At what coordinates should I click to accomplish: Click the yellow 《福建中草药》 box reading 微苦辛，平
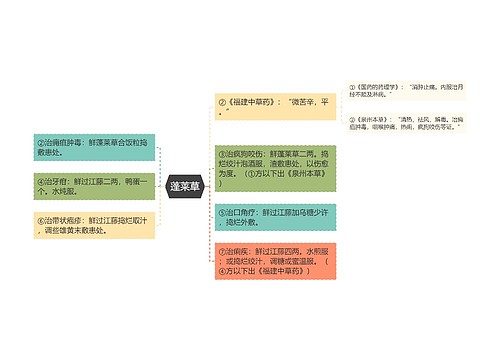270,107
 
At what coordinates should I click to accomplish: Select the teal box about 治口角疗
270,217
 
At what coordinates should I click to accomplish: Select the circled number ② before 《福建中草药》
222,102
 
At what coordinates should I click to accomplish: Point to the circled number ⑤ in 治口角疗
222,211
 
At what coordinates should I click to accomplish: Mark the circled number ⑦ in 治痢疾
222,247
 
